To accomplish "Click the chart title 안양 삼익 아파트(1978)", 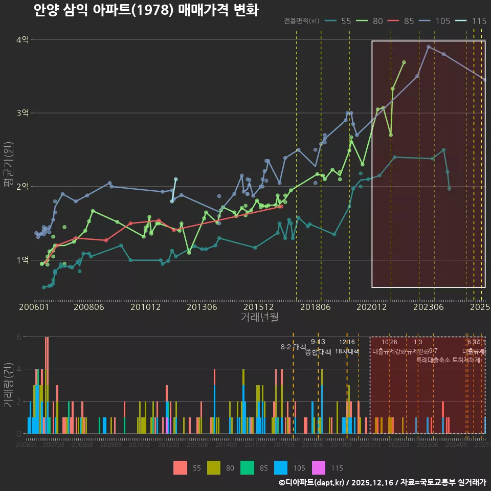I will click(x=146, y=10).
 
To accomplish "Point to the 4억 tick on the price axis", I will click(x=22, y=39).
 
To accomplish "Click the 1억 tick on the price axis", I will click(x=22, y=260).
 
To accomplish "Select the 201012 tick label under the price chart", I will click(x=146, y=307).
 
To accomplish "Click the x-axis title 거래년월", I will click(x=259, y=318).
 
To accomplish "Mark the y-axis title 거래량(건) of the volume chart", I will click(x=8, y=385).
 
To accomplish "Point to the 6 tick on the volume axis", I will click(x=18, y=337).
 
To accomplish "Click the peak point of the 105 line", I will click(x=429, y=47).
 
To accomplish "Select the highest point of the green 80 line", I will click(x=404, y=62).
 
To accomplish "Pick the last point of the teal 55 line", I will click(x=449, y=189).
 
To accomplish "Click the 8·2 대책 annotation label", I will click(x=293, y=346).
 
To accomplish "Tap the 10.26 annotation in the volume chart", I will click(x=389, y=342).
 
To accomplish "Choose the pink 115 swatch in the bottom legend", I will click(x=320, y=467).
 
